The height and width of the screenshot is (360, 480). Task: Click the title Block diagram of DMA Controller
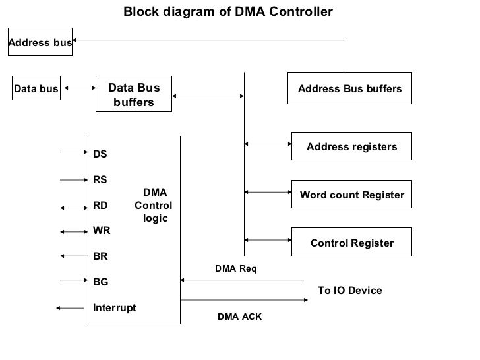click(228, 13)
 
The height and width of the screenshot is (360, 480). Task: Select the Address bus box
click(40, 44)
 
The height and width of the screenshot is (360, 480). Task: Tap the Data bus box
click(36, 88)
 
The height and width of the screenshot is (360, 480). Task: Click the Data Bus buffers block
click(134, 95)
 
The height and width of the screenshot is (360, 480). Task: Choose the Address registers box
click(351, 146)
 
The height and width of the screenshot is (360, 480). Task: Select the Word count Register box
click(351, 195)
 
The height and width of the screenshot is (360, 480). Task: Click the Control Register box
click(351, 243)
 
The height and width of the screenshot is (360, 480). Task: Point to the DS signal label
click(100, 154)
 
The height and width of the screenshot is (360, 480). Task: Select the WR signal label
click(102, 231)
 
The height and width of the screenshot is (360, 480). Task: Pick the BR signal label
click(100, 256)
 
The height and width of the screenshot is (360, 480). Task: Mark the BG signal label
click(101, 282)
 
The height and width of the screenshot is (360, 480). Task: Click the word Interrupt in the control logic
click(115, 307)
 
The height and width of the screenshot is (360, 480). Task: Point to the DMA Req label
click(235, 269)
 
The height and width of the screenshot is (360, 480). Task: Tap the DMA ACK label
click(239, 317)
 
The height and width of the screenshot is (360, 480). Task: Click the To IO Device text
click(349, 291)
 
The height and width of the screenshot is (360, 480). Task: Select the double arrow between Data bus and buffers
click(78, 88)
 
